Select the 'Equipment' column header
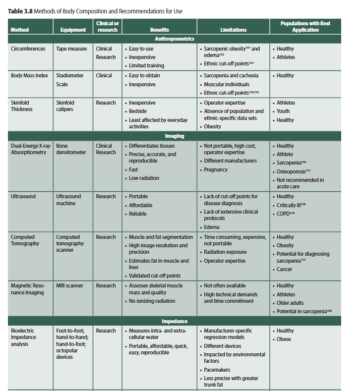[x=72, y=30]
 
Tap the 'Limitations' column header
[x=233, y=30]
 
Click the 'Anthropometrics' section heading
[x=175, y=39]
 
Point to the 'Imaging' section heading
[x=175, y=136]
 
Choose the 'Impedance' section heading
[x=175, y=321]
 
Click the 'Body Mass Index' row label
[x=30, y=76]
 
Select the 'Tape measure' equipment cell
[x=71, y=49]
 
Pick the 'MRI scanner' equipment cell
[x=69, y=285]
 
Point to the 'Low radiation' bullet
[x=144, y=178]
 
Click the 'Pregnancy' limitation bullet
[x=216, y=169]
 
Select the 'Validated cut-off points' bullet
[x=155, y=276]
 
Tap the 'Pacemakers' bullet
[x=217, y=370]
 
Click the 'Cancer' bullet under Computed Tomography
[x=285, y=269]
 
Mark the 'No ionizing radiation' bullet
[x=152, y=301]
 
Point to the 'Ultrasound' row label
[x=23, y=197]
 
